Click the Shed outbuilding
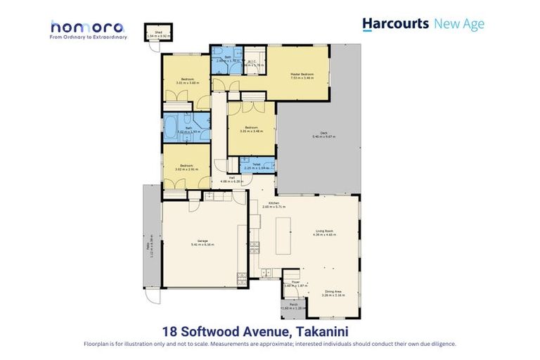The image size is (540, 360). coord(153,32)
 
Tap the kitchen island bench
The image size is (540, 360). coord(283,236)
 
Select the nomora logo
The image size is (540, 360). coord(88,28)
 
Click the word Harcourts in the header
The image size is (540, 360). coord(395,24)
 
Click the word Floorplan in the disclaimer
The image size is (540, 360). coord(96,344)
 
